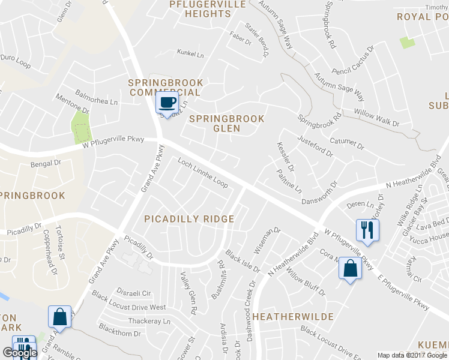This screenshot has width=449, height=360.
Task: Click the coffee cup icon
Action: click(167, 102)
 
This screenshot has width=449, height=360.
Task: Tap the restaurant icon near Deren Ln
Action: click(367, 230)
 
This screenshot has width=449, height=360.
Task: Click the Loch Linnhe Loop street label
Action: click(203, 173)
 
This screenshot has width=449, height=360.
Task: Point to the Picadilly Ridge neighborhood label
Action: click(189, 219)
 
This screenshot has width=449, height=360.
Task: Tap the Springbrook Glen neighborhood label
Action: click(226, 124)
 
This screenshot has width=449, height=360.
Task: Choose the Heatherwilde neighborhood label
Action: click(293, 316)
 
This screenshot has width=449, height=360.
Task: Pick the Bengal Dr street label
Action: click(46, 163)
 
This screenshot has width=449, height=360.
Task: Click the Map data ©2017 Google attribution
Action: click(412, 355)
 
